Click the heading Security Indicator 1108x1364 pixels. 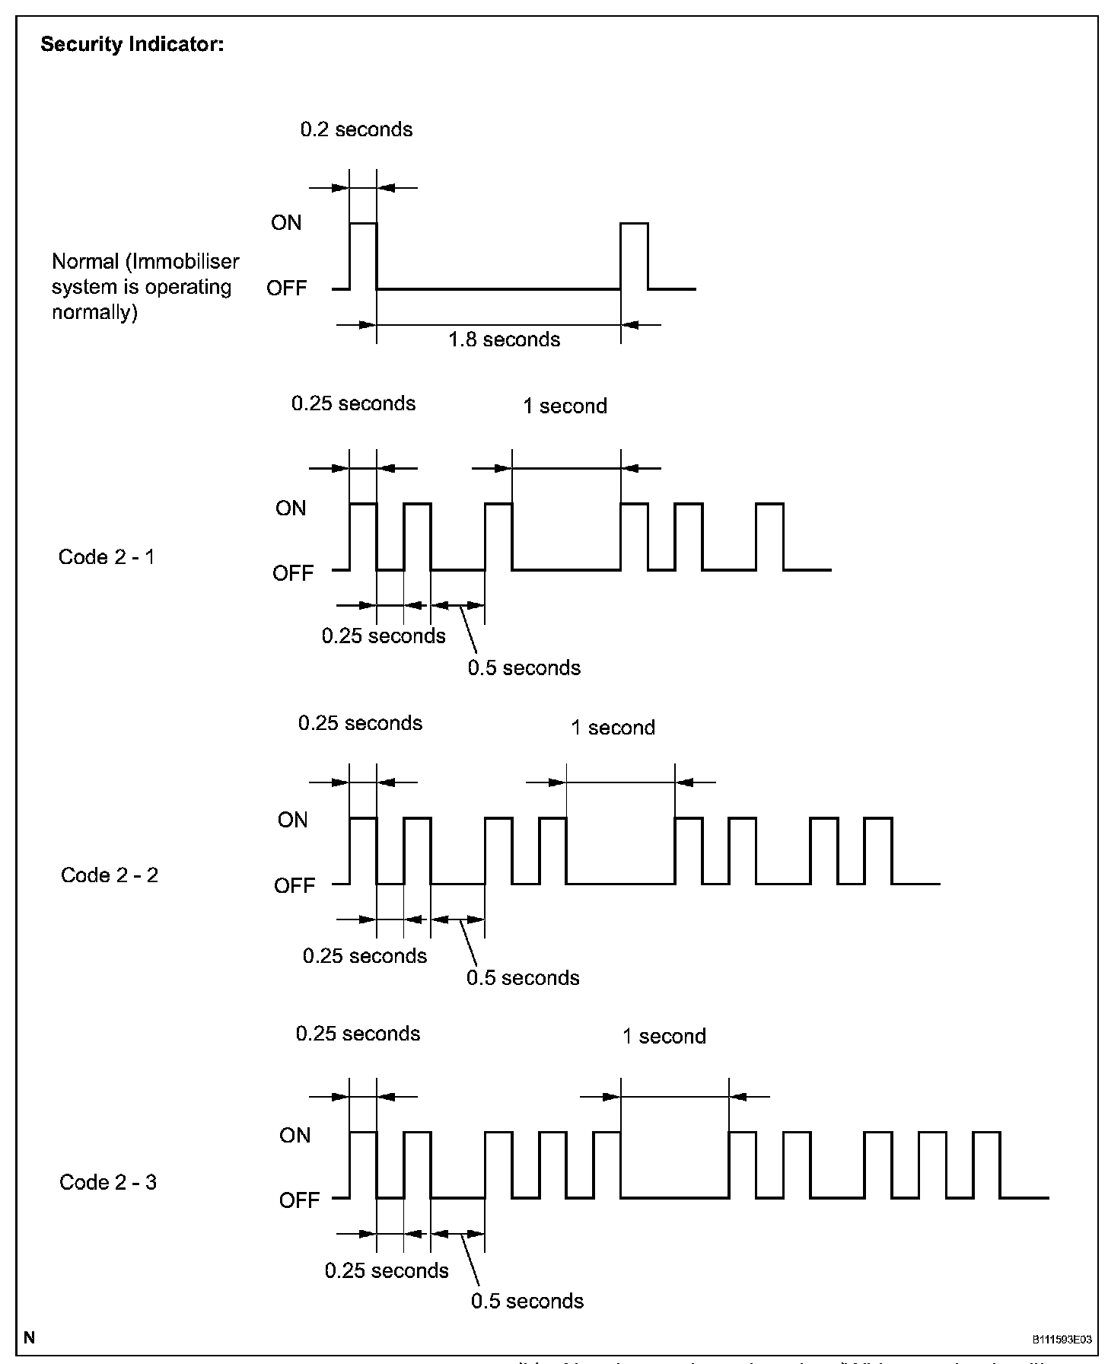[132, 45]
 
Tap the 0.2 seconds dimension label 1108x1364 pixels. [356, 129]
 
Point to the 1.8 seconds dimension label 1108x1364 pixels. [504, 339]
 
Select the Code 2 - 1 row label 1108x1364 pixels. [107, 557]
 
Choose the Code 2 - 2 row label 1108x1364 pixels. [110, 875]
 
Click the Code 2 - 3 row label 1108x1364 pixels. [108, 1182]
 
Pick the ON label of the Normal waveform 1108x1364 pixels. [286, 223]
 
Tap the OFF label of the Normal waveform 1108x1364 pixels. [287, 288]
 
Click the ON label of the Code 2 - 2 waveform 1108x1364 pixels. [293, 820]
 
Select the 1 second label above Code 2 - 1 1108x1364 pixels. [565, 406]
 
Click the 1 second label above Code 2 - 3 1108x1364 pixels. [664, 1037]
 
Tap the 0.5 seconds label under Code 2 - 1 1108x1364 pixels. [524, 668]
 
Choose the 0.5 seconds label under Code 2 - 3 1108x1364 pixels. [527, 1302]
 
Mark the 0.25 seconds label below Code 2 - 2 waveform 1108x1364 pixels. [365, 956]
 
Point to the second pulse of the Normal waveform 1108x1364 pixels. [634, 256]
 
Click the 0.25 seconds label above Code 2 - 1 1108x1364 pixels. [353, 403]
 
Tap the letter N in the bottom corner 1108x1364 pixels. [29, 1337]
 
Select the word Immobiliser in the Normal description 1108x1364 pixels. [186, 262]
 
